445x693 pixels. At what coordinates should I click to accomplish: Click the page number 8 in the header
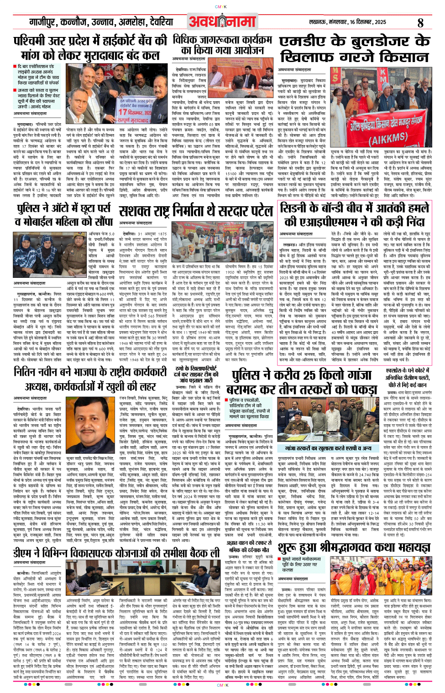click(420, 22)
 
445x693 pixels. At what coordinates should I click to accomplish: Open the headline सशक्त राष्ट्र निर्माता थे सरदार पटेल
click(196, 211)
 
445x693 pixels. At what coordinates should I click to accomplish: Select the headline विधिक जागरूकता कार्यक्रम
click(222, 45)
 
